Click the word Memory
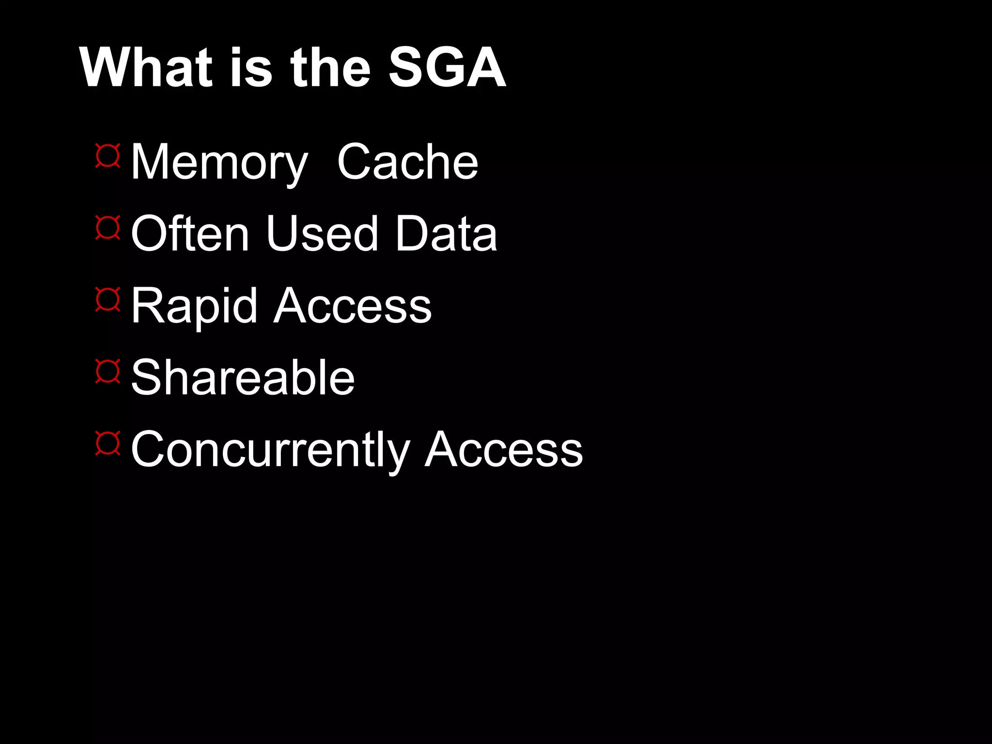pos(219,163)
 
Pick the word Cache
pos(407,163)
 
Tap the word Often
pos(190,234)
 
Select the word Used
pos(322,234)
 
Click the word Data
pos(446,234)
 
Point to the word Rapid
pos(194,306)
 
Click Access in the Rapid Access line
pos(353,306)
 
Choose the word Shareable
pos(243,378)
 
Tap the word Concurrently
pos(270,450)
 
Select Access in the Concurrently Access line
pos(504,450)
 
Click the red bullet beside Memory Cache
pos(108,155)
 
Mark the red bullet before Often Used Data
pos(108,228)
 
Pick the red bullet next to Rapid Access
pos(108,299)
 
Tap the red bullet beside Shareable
pos(108,371)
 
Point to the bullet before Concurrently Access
pos(108,443)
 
